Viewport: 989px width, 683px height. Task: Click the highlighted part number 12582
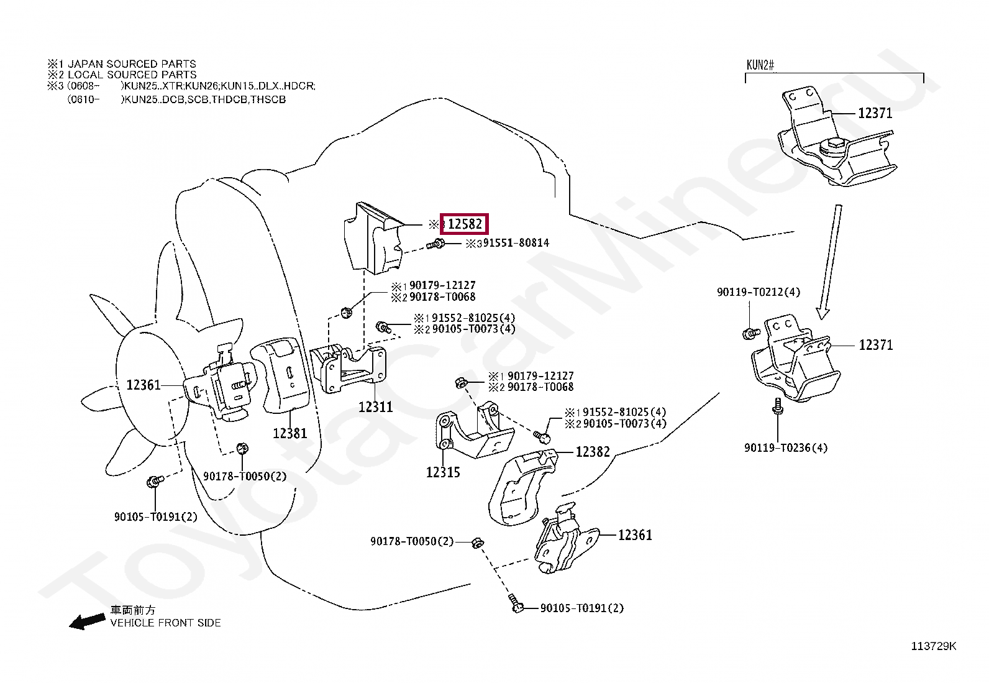point(465,224)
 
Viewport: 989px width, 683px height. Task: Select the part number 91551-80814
point(516,243)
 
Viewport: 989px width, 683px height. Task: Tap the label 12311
point(375,407)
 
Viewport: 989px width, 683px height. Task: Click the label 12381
point(290,433)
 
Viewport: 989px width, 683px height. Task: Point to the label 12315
point(443,472)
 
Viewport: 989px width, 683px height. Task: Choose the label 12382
point(593,452)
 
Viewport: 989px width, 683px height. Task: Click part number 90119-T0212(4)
point(759,292)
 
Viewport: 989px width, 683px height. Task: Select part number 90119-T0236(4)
point(786,447)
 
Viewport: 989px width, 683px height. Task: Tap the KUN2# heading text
point(760,65)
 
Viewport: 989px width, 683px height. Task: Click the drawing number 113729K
point(934,646)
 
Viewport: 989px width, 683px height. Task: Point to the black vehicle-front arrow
point(86,621)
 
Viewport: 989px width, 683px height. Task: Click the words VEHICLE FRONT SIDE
point(165,623)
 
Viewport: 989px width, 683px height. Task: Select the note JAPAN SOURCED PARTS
point(132,63)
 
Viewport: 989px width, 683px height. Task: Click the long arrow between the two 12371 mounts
point(830,261)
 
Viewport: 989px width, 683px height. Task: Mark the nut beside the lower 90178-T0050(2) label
point(477,543)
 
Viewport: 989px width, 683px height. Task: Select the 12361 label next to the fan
point(144,385)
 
